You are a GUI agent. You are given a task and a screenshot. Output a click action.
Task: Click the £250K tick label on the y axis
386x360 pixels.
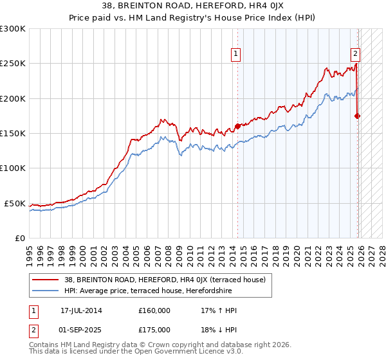click(x=13, y=64)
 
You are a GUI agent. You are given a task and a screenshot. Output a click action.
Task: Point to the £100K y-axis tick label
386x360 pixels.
click(x=13, y=168)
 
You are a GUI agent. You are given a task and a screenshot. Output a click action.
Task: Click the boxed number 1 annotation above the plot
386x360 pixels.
click(x=237, y=55)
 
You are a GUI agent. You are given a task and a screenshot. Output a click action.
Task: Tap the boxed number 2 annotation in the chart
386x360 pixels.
click(x=354, y=55)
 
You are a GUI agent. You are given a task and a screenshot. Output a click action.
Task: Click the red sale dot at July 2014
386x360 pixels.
click(x=237, y=126)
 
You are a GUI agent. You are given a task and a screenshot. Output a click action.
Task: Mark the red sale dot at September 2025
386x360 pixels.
click(x=358, y=116)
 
